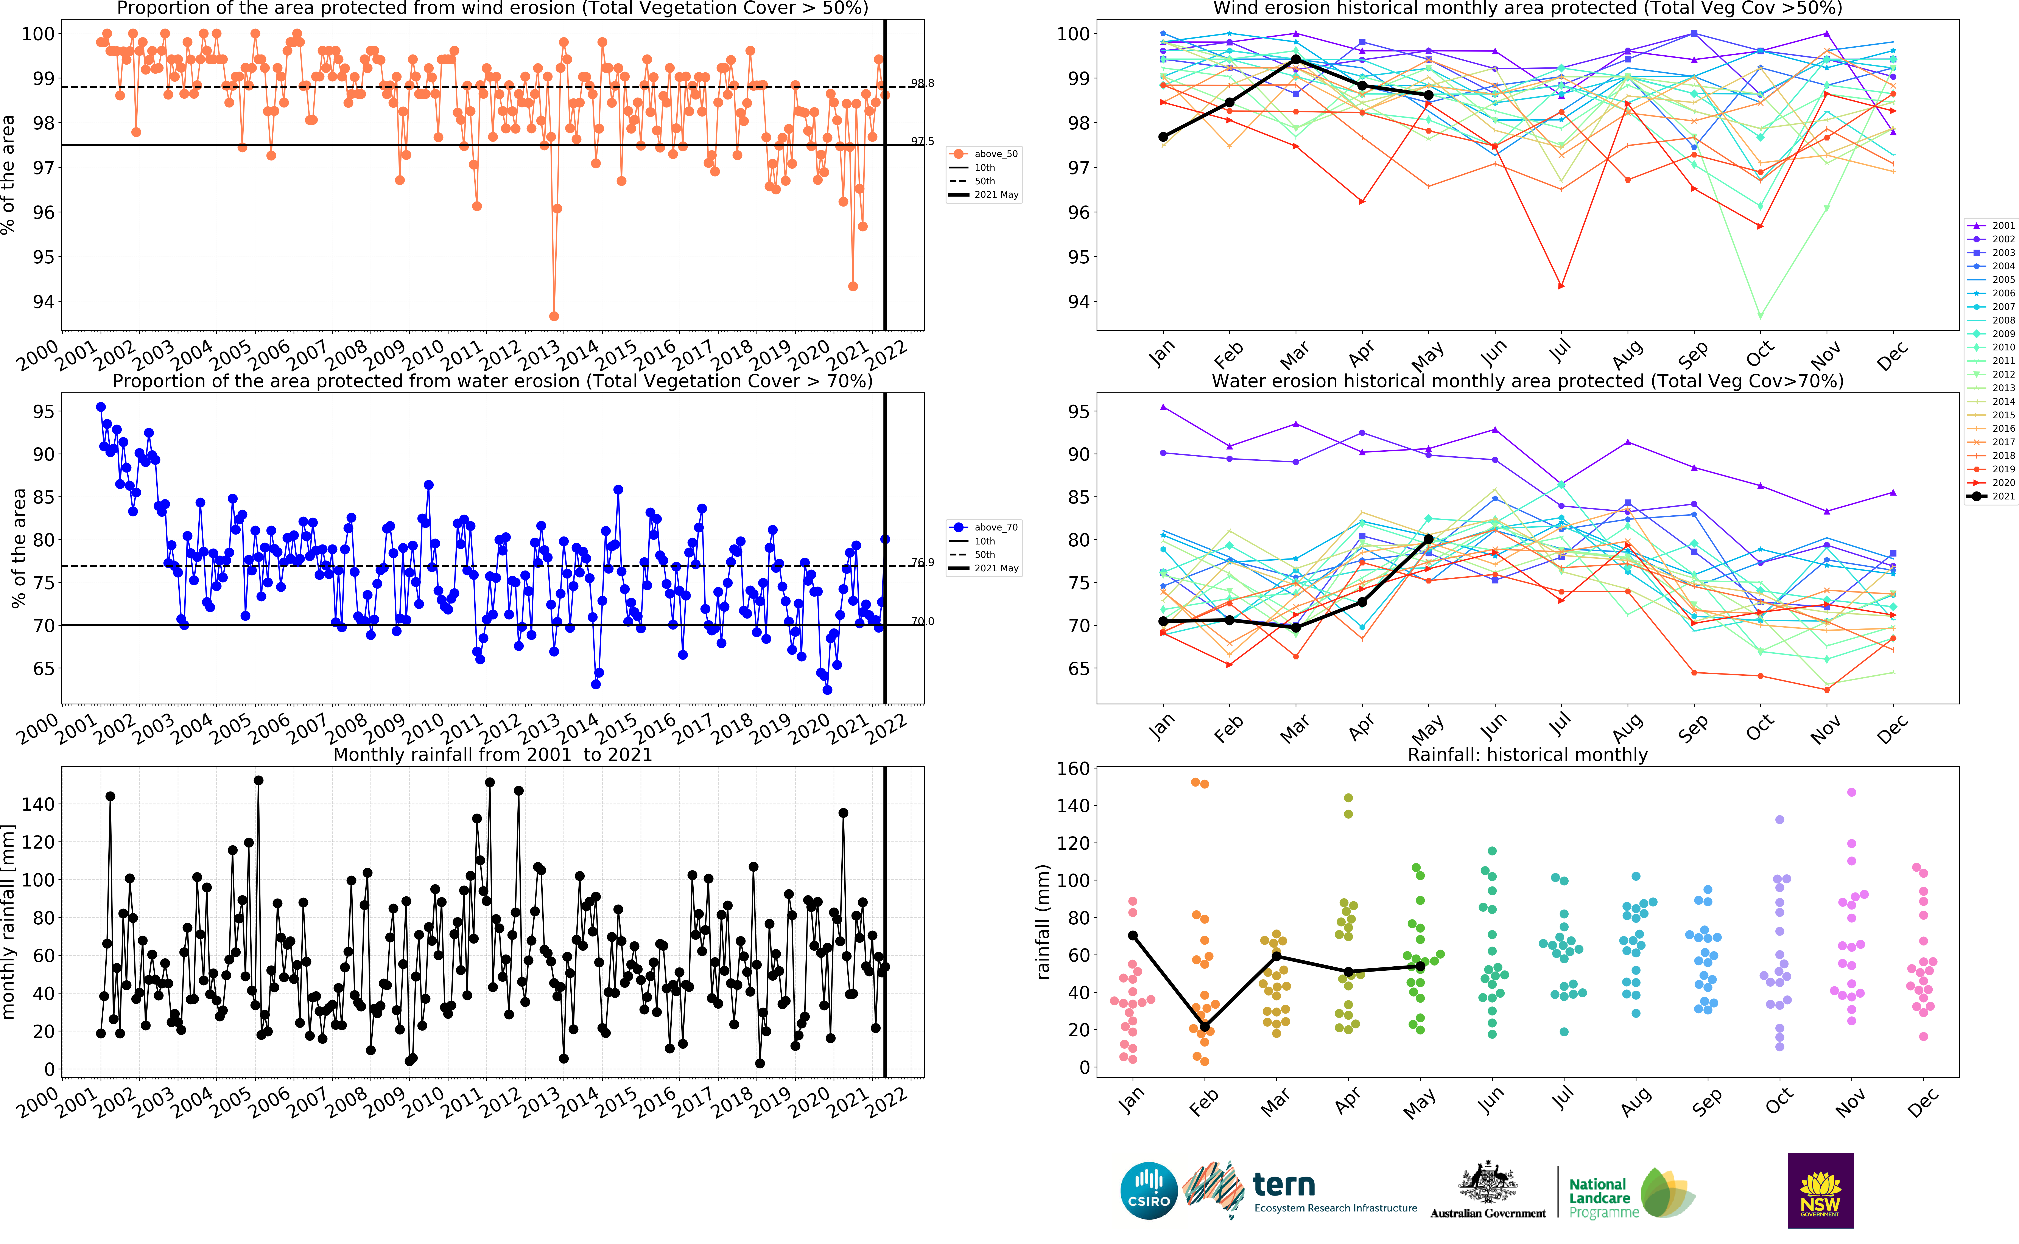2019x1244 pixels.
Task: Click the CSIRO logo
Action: (x=1149, y=1191)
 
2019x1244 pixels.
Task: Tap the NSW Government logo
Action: (x=1820, y=1191)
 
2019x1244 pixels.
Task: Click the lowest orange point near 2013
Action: (x=554, y=316)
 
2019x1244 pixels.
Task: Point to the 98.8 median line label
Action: (x=922, y=83)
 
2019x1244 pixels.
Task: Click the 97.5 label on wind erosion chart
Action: (x=922, y=142)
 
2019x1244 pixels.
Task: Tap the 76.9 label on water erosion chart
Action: (x=922, y=563)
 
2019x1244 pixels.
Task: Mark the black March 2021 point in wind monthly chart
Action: (x=1296, y=59)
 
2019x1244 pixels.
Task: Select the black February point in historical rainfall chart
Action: (x=1205, y=1027)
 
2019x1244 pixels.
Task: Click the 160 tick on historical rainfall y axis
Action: (x=1072, y=768)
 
